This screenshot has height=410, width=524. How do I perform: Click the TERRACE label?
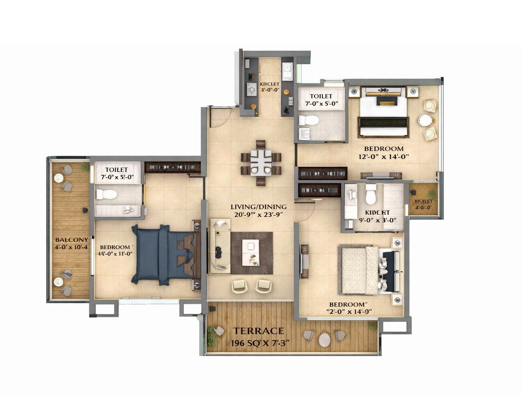click(258, 331)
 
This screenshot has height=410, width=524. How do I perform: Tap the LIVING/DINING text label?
click(258, 207)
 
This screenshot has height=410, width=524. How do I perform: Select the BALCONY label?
click(72, 240)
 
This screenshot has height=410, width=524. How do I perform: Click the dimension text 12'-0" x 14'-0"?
click(383, 157)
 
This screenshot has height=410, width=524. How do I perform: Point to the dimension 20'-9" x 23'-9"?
click(258, 215)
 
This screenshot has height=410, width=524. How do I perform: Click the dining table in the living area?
click(261, 162)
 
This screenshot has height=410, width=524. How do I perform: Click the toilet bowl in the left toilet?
click(107, 194)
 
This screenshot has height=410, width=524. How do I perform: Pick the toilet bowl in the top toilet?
click(309, 120)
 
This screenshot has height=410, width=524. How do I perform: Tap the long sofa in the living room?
click(220, 246)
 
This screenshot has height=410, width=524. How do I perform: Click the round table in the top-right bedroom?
click(425, 120)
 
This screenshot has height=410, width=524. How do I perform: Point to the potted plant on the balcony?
click(85, 167)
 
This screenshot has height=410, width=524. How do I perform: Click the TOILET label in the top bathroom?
click(321, 96)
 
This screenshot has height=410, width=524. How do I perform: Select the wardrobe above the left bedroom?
click(172, 167)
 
